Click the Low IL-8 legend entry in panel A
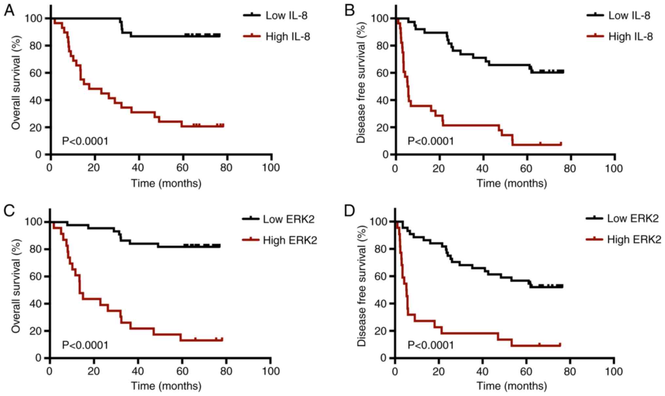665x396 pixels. click(286, 15)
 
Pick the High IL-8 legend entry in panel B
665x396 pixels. click(630, 36)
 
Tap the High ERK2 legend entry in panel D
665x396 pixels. click(634, 239)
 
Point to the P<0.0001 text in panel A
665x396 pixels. click(85, 141)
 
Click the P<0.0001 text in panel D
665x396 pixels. click(431, 345)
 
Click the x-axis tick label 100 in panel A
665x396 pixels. click(271, 168)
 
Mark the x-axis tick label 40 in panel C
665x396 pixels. click(138, 371)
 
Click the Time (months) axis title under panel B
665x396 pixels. click(512, 183)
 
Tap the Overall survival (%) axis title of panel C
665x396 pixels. click(16, 286)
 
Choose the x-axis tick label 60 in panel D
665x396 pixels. click(527, 371)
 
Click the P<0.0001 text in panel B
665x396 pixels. click(431, 141)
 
